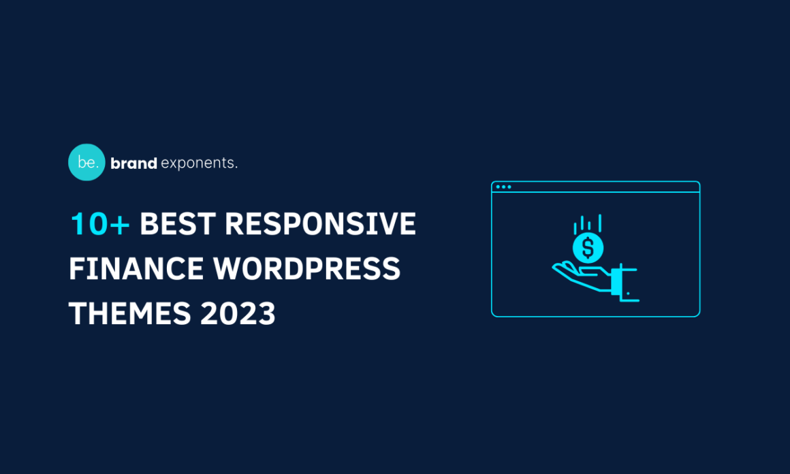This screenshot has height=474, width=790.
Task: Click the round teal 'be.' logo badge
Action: pos(86,162)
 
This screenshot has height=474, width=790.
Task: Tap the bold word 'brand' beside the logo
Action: pos(133,163)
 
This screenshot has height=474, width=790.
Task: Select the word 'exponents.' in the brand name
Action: pos(200,163)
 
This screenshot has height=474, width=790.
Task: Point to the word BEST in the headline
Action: pos(178,225)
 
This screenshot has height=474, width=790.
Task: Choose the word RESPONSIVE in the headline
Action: pos(320,225)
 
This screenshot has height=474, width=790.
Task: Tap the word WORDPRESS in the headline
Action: pos(307,269)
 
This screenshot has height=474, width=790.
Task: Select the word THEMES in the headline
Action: pos(129,314)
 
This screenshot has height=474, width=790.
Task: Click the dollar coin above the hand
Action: pos(588,247)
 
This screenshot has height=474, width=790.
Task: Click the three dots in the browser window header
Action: pos(503,187)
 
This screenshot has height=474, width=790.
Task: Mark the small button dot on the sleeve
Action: pos(628,294)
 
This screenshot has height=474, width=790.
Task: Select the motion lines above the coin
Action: pos(587,223)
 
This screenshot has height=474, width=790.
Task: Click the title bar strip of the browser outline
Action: pos(595,187)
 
